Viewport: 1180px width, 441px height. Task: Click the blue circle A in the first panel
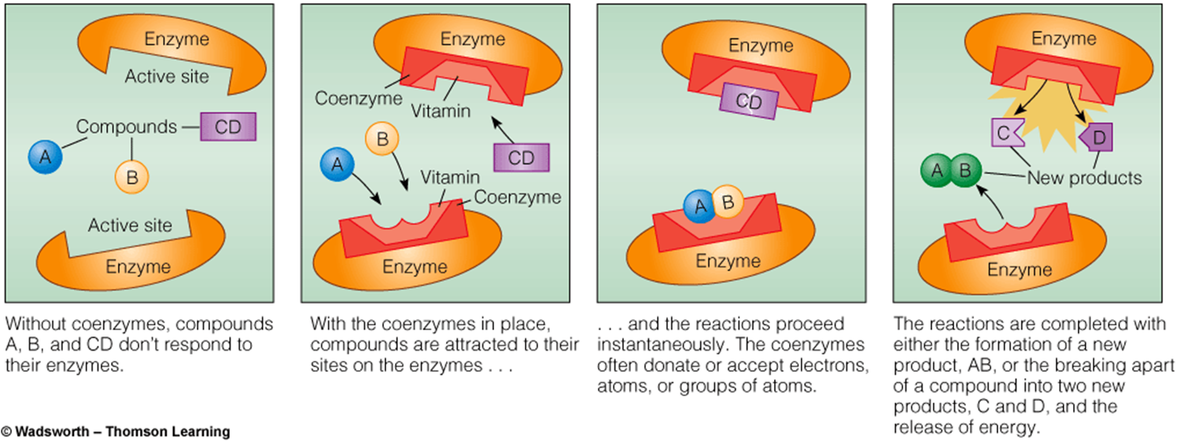pos(45,156)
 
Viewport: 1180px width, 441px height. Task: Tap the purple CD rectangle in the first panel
pos(228,127)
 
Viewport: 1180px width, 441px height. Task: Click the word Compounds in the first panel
pos(127,126)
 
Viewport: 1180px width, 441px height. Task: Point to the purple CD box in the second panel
pos(521,157)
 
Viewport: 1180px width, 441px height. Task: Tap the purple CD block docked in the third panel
pos(749,101)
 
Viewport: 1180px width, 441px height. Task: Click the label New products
pos(1084,178)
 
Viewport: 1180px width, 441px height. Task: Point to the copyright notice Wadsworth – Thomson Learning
pos(116,431)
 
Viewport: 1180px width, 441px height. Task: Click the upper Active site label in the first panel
pos(168,76)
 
